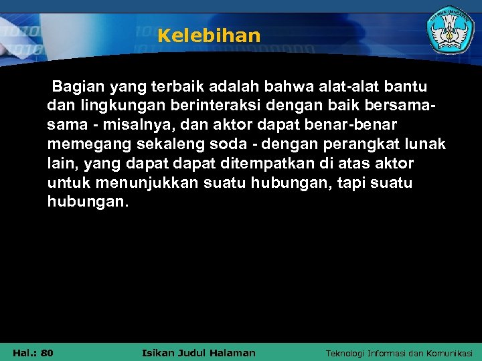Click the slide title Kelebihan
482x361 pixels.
209,35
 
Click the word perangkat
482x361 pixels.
359,144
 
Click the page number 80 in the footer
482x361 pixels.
47,352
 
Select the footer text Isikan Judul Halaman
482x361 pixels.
199,352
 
